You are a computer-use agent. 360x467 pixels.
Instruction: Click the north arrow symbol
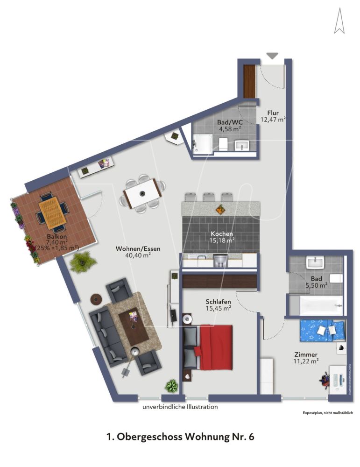pyautogui.click(x=339, y=22)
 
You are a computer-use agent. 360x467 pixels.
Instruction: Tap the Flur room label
pyautogui.click(x=273, y=113)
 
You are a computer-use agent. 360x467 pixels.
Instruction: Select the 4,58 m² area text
pyautogui.click(x=229, y=129)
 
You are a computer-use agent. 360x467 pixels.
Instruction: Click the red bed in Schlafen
pyautogui.click(x=215, y=346)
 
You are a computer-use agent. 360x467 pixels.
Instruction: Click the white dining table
pyautogui.click(x=142, y=194)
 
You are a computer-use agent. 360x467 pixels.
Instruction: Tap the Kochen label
pyautogui.click(x=221, y=234)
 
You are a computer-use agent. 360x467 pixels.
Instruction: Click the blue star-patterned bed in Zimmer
pyautogui.click(x=323, y=330)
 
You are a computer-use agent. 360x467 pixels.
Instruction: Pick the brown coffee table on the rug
pyautogui.click(x=134, y=326)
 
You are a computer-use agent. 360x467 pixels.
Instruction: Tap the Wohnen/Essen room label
pyautogui.click(x=138, y=249)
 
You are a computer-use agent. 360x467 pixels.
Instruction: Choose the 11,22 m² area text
pyautogui.click(x=306, y=361)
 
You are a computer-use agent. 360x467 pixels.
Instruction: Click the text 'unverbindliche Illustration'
pyautogui.click(x=180, y=407)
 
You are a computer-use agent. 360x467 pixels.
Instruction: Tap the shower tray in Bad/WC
pyautogui.click(x=203, y=143)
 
